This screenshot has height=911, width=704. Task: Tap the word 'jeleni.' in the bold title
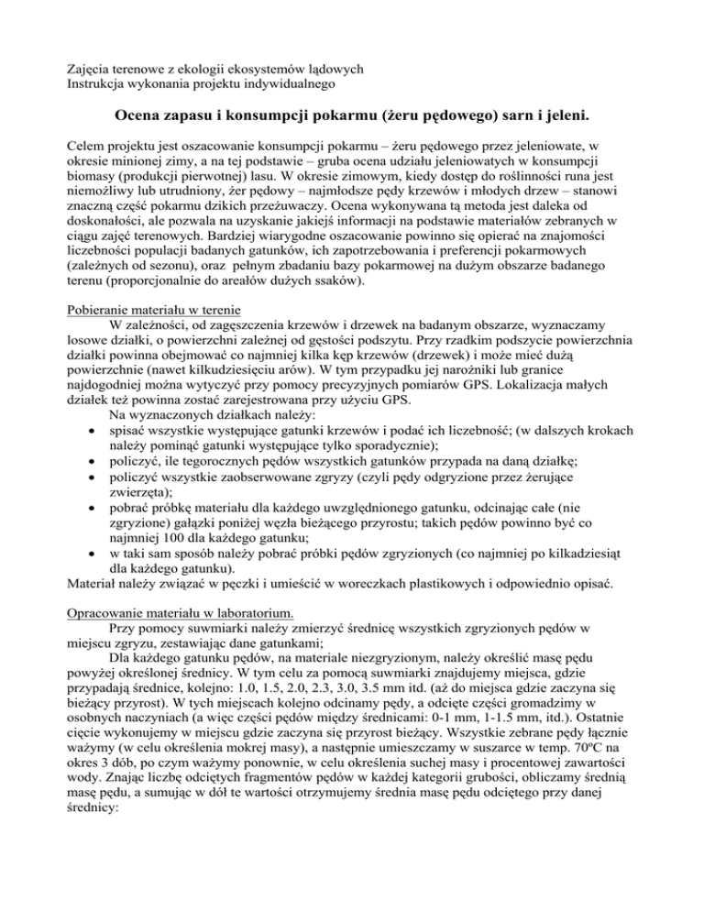tap(559, 117)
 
